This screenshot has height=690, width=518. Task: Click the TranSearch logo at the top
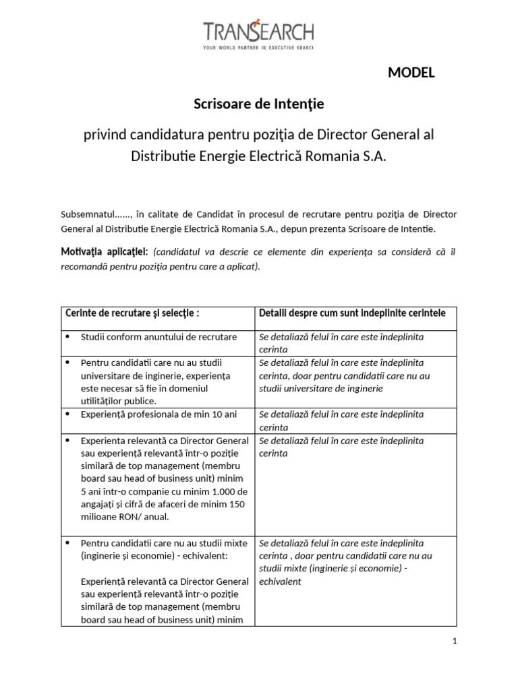click(258, 32)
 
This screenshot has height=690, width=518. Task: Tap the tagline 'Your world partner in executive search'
click(258, 48)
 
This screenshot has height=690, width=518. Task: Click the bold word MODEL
click(411, 73)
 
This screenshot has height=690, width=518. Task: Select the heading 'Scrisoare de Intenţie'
click(259, 104)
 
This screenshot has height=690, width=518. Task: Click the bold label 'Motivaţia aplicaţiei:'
click(105, 251)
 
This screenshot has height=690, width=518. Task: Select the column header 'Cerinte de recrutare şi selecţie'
click(132, 314)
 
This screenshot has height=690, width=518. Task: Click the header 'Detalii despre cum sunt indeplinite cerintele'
click(352, 314)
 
